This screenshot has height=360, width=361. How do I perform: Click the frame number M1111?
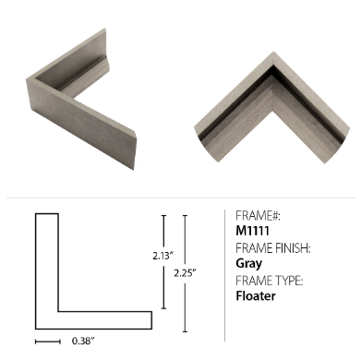coord(252,231)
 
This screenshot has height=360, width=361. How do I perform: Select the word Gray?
coord(249,264)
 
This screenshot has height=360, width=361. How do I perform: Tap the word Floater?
coord(256,295)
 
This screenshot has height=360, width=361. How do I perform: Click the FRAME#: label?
coord(258,216)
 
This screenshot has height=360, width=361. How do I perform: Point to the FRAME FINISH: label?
coord(273,248)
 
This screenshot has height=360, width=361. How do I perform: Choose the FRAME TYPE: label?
coord(270,281)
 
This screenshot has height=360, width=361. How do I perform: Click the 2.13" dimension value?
coord(163,255)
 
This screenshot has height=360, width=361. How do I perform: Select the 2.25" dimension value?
coord(185,272)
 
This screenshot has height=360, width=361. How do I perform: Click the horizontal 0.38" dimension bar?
coord(48,342)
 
